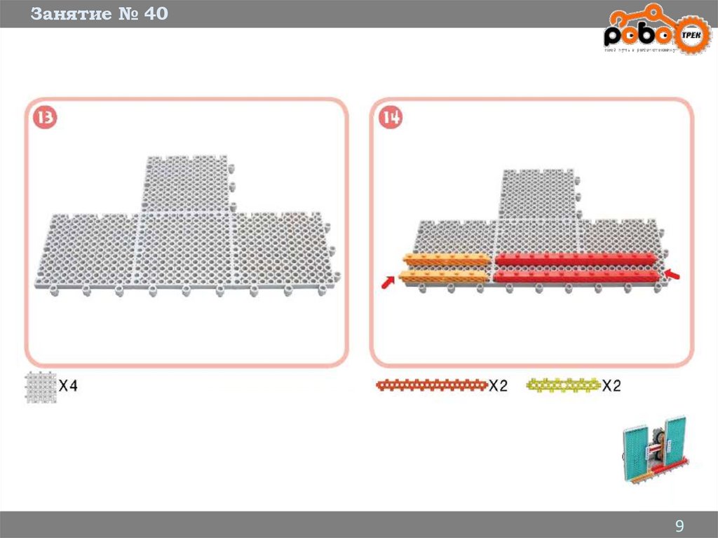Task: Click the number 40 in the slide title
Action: coord(156,13)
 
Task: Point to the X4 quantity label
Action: coord(68,385)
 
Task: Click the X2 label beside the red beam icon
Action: coord(498,385)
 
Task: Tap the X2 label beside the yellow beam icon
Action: coord(611,385)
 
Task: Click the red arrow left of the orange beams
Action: coord(386,283)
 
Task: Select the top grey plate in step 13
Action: coord(187,184)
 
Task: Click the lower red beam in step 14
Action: coord(576,276)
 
